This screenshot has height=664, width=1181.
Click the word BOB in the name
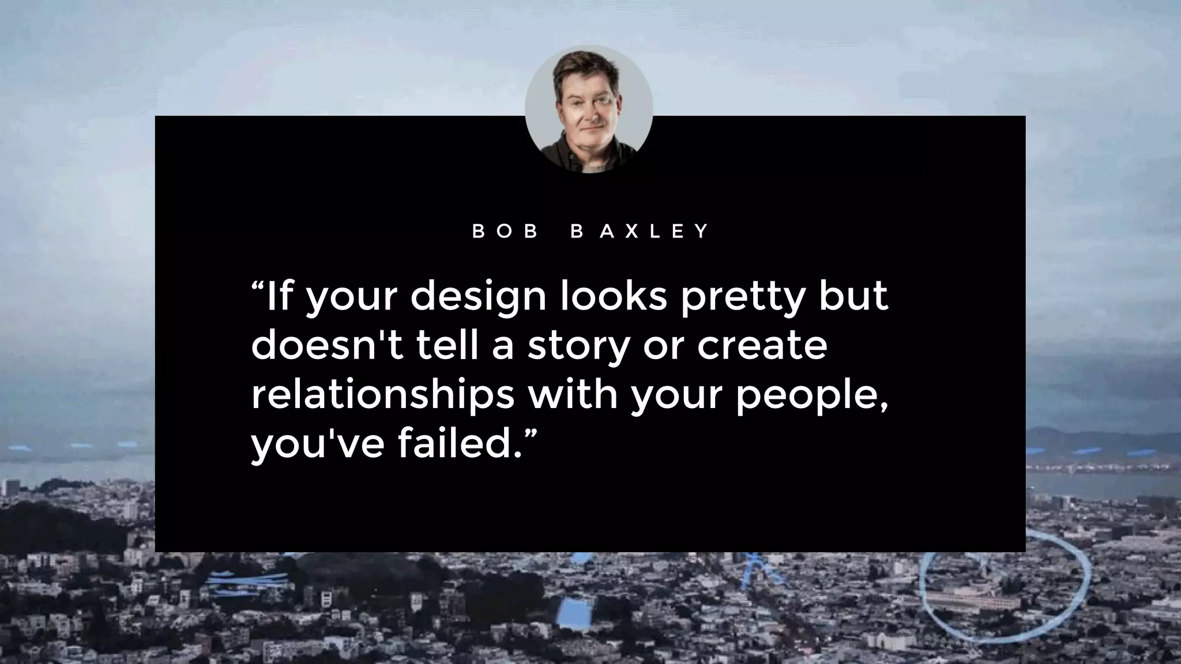[x=505, y=231]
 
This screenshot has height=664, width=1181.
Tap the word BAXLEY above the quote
[x=640, y=231]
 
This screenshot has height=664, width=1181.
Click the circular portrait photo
[x=589, y=109]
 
